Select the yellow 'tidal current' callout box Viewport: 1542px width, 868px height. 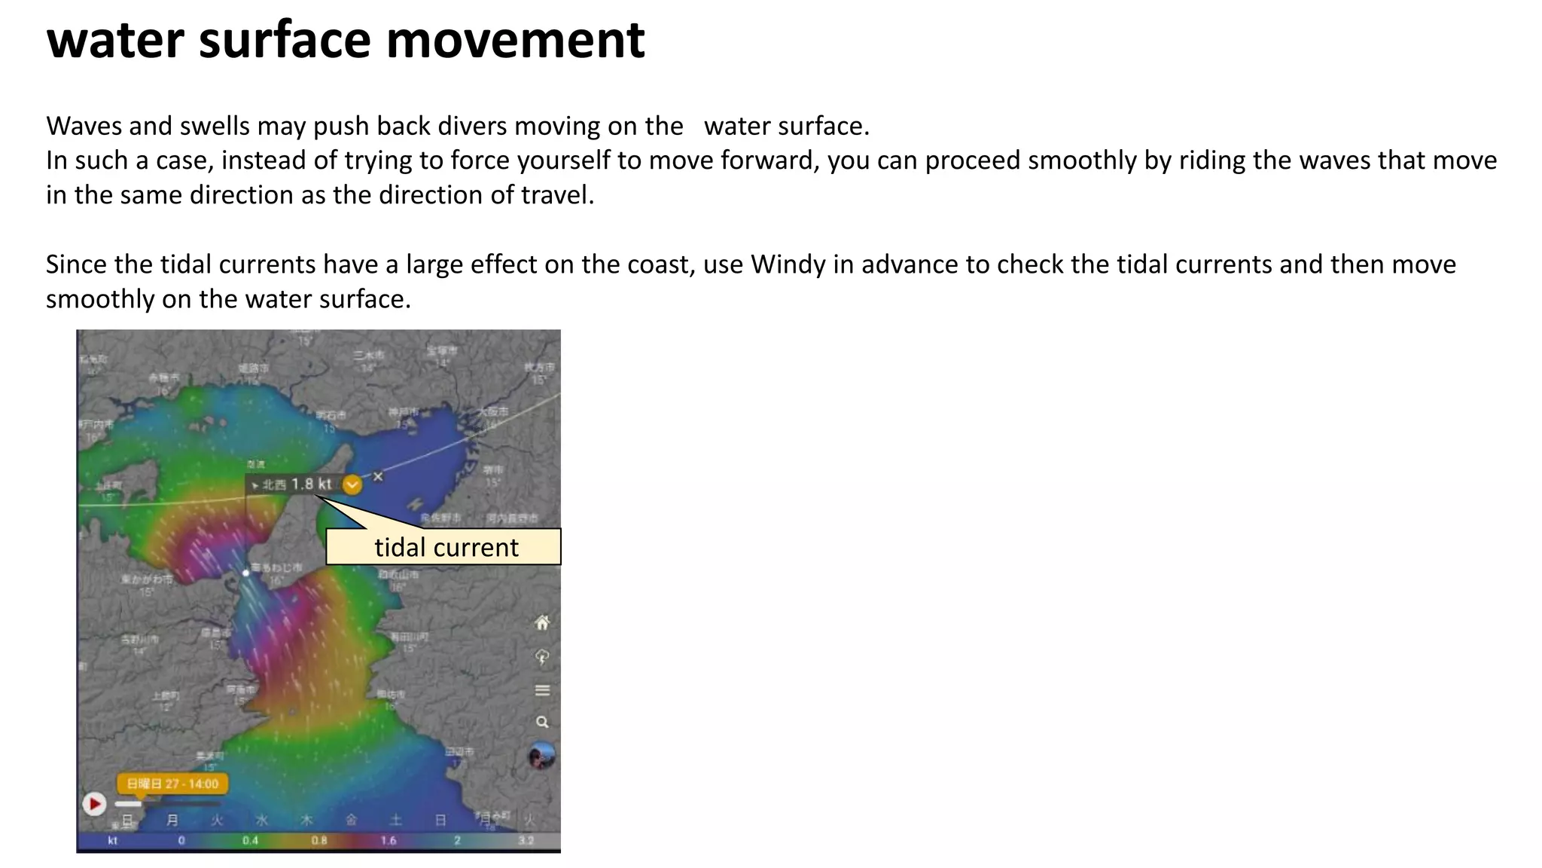443,547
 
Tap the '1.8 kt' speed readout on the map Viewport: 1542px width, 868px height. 311,484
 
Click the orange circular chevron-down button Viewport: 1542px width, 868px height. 352,484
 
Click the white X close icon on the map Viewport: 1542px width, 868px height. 378,476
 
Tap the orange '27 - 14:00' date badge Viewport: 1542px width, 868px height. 172,784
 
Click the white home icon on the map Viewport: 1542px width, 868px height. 542,622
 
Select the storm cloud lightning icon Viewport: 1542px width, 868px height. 542,657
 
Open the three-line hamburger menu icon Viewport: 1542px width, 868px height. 542,690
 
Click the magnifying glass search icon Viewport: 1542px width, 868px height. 542,722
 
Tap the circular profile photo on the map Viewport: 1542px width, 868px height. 541,756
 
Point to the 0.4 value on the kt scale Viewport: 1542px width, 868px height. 251,841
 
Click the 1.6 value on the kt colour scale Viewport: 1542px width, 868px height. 389,841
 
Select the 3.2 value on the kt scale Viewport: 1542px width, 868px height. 526,841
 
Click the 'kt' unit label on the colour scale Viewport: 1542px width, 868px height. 113,841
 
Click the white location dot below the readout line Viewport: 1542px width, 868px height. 245,573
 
